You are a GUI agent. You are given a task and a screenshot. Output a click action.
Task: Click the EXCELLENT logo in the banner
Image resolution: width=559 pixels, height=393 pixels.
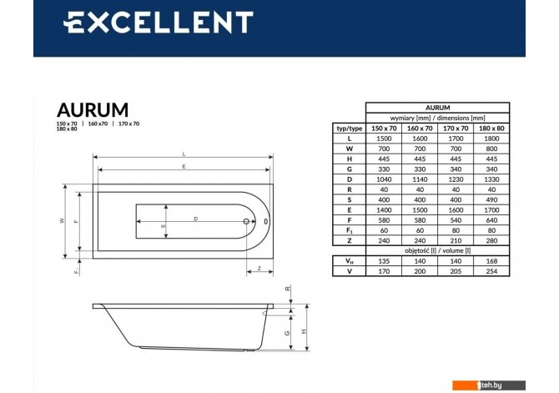159,22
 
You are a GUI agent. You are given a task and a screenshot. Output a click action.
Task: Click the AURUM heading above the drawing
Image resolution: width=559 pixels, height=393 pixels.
93,110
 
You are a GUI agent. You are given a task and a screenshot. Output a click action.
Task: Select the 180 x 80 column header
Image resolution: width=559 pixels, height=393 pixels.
491,128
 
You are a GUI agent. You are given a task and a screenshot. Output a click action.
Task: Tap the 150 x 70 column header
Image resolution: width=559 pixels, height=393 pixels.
384,128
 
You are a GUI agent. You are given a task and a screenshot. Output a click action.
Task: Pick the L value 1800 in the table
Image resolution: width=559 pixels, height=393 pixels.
491,139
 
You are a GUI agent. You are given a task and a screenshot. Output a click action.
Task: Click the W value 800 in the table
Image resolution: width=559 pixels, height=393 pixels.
491,149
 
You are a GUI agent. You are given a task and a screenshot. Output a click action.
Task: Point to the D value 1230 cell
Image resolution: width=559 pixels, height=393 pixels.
456,179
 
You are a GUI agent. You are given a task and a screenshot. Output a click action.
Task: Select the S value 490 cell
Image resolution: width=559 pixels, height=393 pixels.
491,199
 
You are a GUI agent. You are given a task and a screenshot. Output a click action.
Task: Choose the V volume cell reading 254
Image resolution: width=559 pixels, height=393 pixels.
491,271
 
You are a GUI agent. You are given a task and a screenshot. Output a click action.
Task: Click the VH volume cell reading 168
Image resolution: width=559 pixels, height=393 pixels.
491,261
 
